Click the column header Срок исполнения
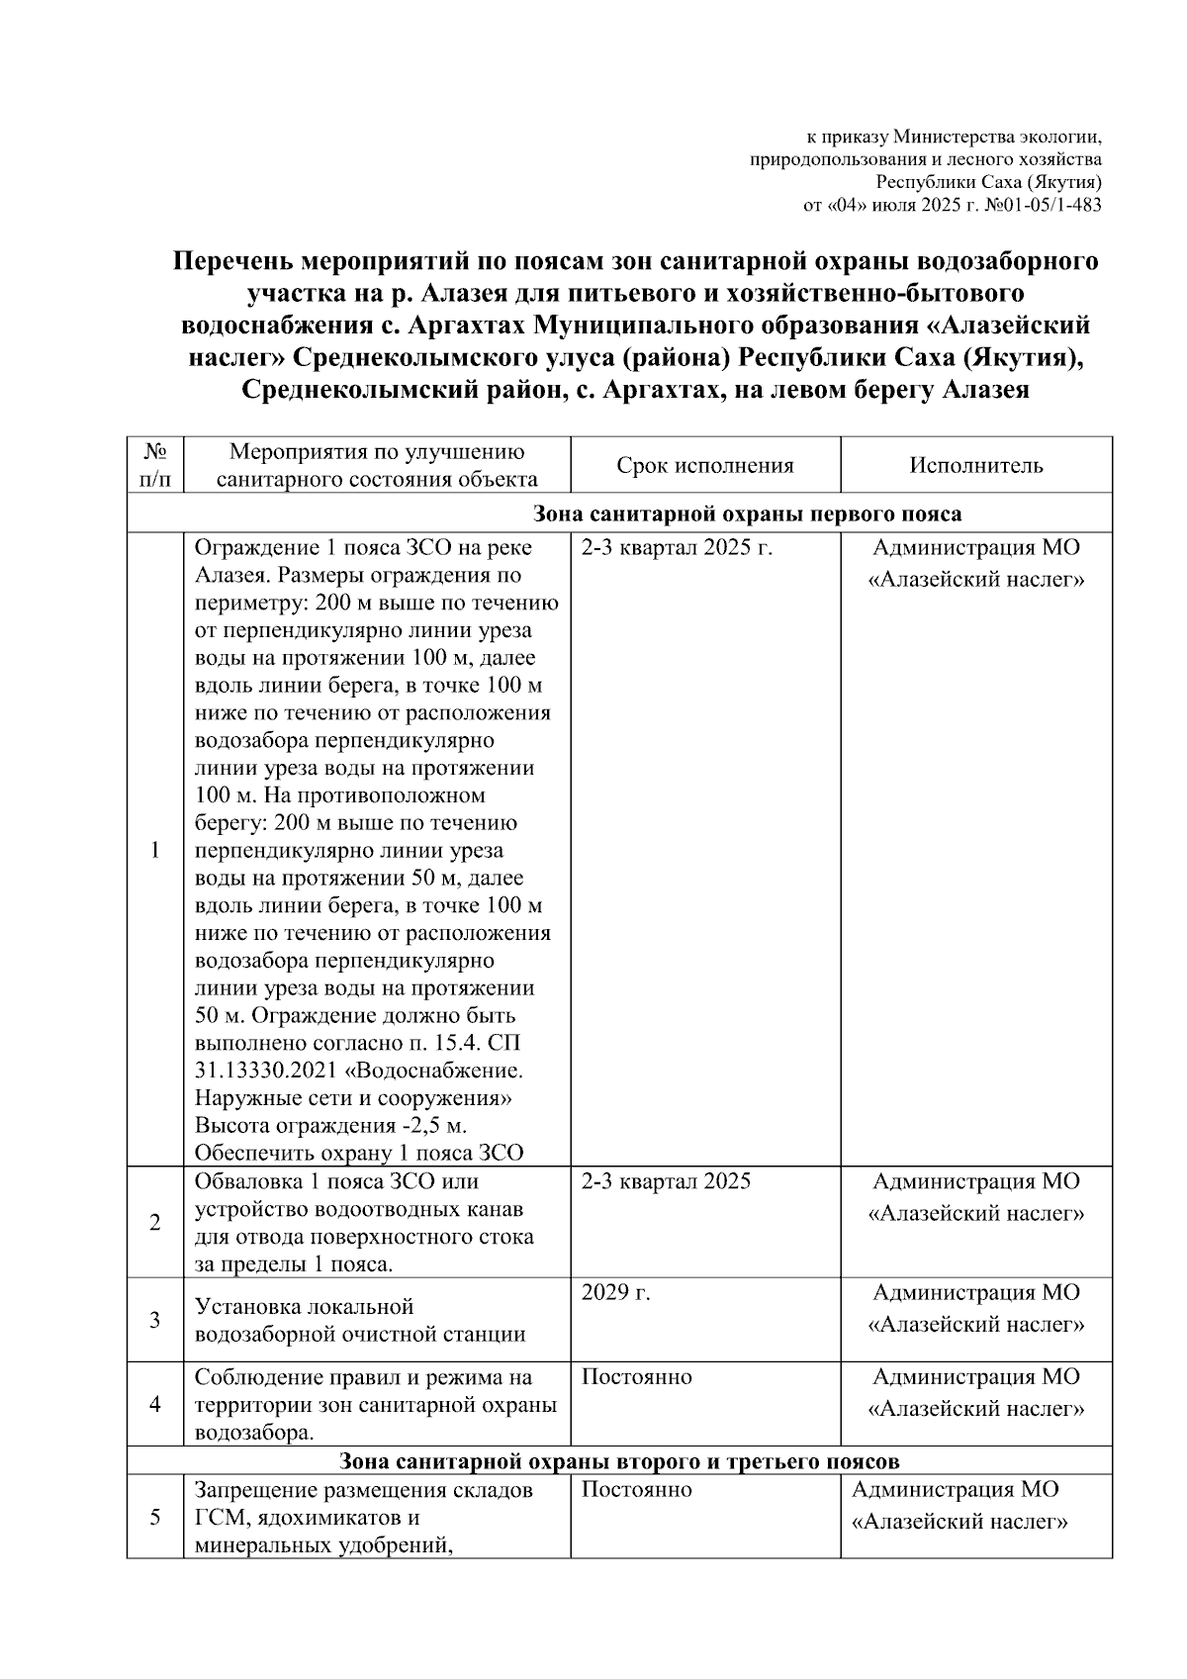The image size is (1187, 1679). pyautogui.click(x=705, y=466)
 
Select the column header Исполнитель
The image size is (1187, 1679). pyautogui.click(x=976, y=466)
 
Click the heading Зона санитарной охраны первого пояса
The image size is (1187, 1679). pyautogui.click(x=747, y=513)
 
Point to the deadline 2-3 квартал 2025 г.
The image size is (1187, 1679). pyautogui.click(x=677, y=548)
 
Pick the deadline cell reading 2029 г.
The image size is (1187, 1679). pyautogui.click(x=615, y=1292)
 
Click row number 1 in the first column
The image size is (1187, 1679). pyautogui.click(x=155, y=851)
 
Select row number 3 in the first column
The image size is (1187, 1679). pyautogui.click(x=155, y=1320)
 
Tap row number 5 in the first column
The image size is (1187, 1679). pyautogui.click(x=155, y=1518)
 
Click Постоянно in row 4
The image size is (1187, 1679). pyautogui.click(x=636, y=1377)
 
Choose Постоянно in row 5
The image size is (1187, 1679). pyautogui.click(x=636, y=1490)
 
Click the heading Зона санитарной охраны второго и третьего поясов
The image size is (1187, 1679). pyautogui.click(x=619, y=1461)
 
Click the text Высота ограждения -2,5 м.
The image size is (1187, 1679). pyautogui.click(x=330, y=1126)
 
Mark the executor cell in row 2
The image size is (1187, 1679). pyautogui.click(x=976, y=1197)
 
